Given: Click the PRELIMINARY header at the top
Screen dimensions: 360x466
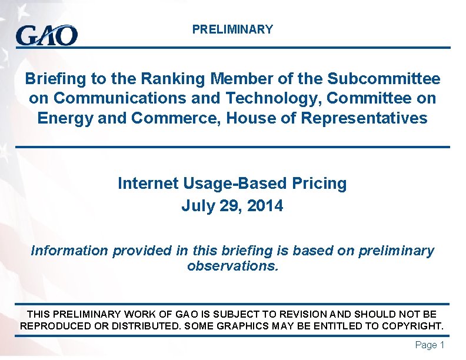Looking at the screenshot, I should [232, 29].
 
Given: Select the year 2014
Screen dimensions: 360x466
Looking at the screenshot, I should [265, 206].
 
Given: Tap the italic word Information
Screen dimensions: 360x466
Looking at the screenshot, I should [69, 251].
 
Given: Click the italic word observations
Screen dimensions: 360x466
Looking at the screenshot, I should [232, 266].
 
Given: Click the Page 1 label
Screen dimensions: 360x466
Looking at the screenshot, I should [430, 345].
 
